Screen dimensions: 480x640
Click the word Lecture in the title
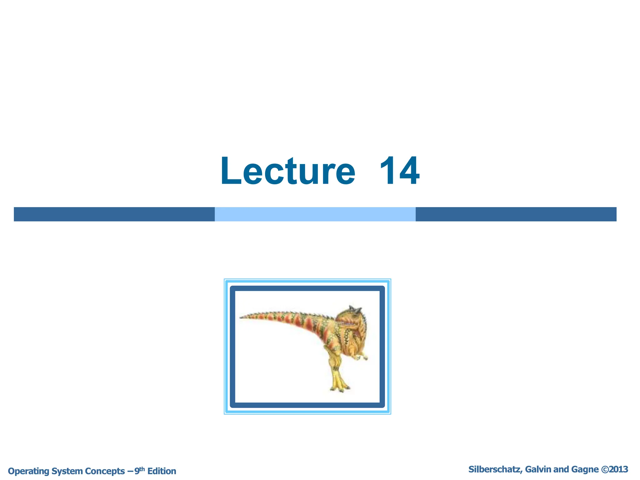pos(288,171)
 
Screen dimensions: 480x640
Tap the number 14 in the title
pos(399,171)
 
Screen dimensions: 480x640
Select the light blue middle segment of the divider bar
pos(315,214)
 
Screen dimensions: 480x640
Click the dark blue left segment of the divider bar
pos(114,214)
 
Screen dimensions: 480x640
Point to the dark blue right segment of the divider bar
pos(516,214)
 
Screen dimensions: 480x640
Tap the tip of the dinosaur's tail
pos(241,317)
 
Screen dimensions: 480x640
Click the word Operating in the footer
pos(28,471)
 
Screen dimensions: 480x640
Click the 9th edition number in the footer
pos(139,470)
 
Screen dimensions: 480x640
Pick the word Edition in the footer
pos(162,471)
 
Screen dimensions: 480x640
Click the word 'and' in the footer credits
pos(561,469)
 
